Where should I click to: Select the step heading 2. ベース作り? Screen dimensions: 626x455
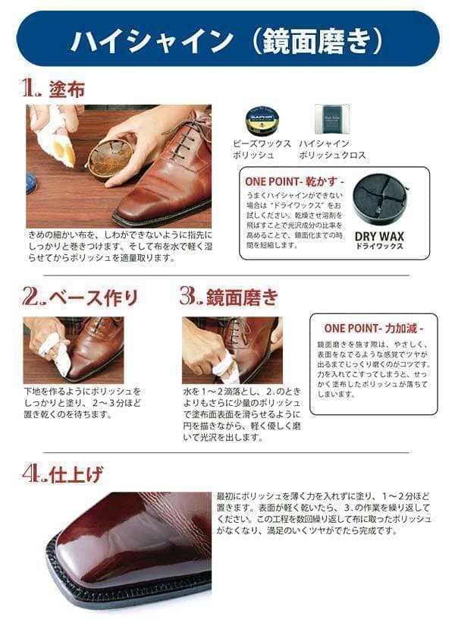[x=80, y=295]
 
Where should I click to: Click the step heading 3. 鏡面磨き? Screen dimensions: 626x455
[x=228, y=295]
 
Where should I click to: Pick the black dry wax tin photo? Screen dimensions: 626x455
[x=379, y=202]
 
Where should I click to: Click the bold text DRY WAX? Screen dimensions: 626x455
[x=379, y=236]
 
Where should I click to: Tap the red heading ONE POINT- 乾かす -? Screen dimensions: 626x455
[x=294, y=182]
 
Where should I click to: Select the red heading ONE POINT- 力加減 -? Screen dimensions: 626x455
[x=373, y=329]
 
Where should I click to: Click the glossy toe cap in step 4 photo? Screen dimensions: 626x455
[x=121, y=531]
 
